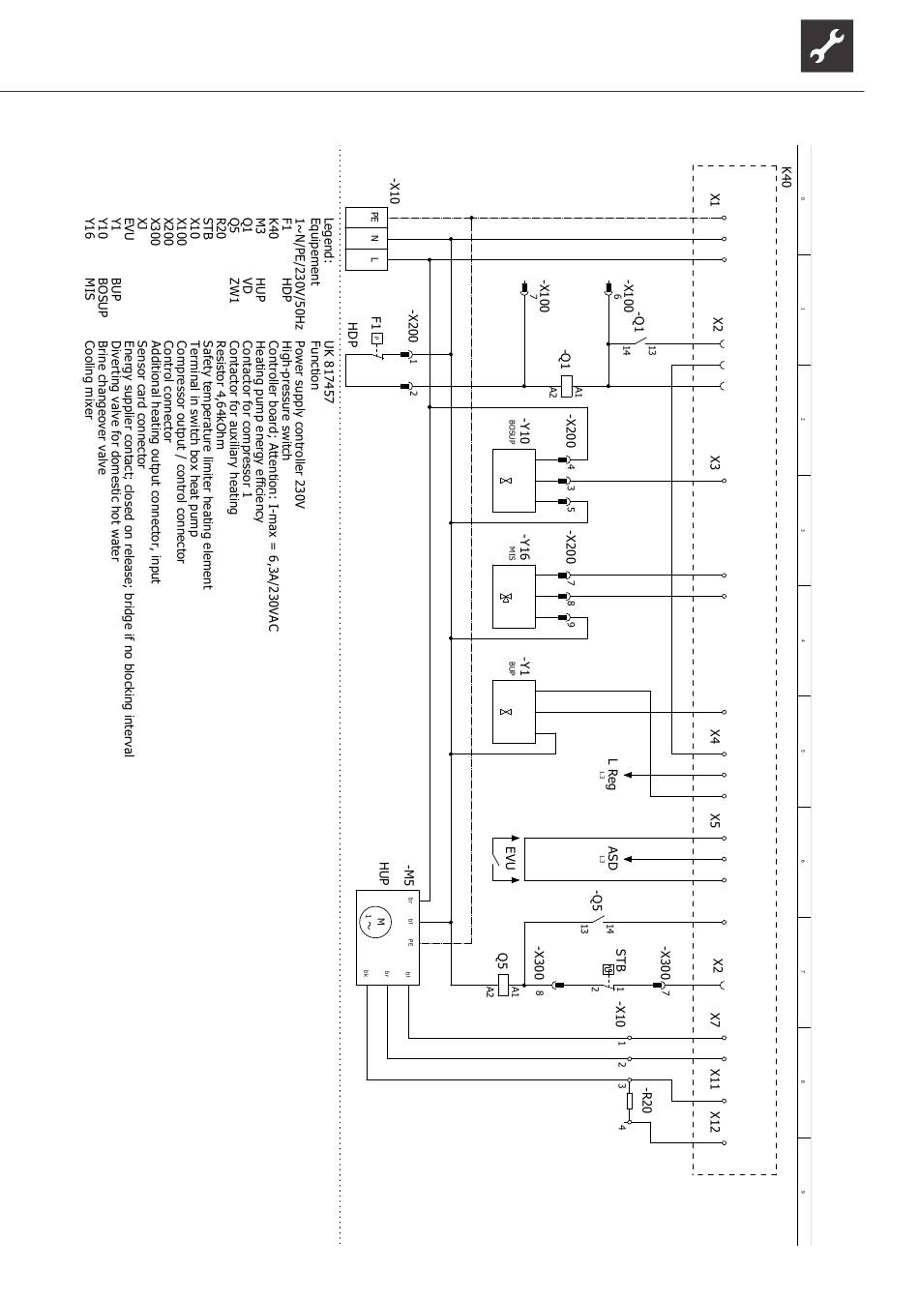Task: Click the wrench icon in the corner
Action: [x=826, y=45]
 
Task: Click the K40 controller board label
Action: [x=786, y=176]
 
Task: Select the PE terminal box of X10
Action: [x=374, y=218]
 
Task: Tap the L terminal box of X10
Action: [x=374, y=258]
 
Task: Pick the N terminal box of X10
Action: [x=374, y=238]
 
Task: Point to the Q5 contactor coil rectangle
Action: [x=503, y=986]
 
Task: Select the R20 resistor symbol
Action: [x=630, y=1101]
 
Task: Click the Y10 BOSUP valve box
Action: [x=514, y=481]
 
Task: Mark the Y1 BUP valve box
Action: [x=514, y=712]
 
